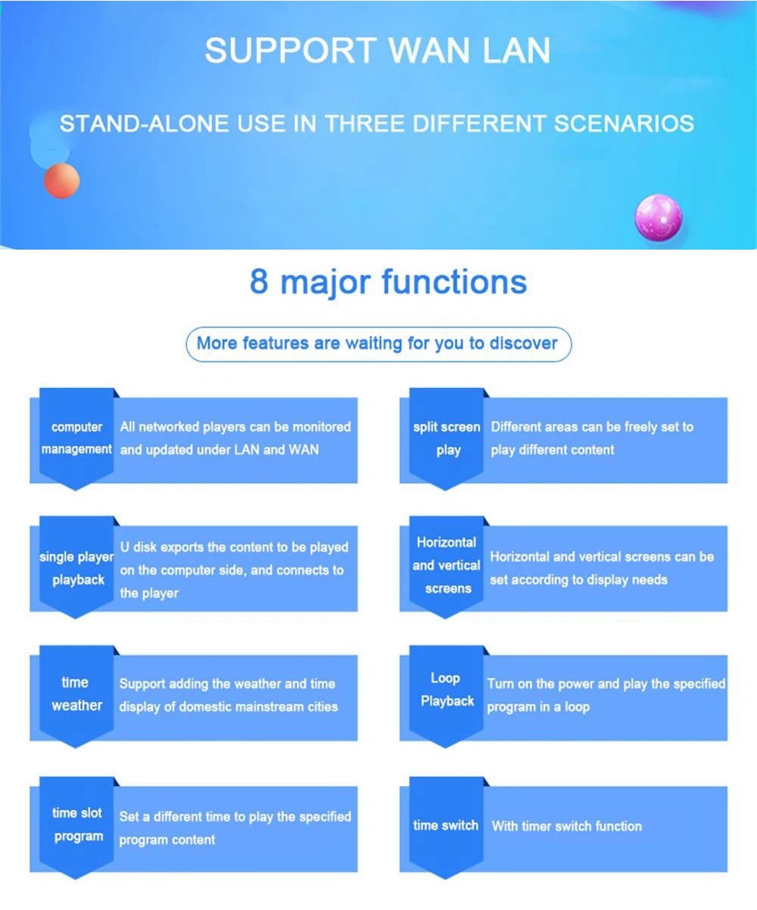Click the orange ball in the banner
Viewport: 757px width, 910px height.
click(x=62, y=181)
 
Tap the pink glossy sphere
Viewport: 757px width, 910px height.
click(x=659, y=217)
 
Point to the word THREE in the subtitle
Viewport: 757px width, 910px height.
click(x=366, y=123)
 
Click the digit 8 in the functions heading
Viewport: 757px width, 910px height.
click(x=259, y=281)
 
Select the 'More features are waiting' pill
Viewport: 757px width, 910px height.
click(x=378, y=344)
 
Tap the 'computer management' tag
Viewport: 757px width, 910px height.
click(x=76, y=439)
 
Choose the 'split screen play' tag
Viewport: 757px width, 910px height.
click(x=447, y=439)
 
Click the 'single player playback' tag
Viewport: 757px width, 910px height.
click(x=76, y=567)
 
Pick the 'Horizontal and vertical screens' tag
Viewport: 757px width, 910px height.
click(x=447, y=567)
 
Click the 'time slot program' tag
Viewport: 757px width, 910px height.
click(x=76, y=826)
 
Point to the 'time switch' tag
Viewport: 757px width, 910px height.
click(x=447, y=826)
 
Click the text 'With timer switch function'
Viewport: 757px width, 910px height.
click(x=567, y=826)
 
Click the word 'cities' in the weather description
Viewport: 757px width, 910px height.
click(x=322, y=707)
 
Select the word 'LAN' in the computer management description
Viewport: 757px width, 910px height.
click(x=248, y=449)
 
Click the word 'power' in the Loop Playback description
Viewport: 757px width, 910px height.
click(x=576, y=685)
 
